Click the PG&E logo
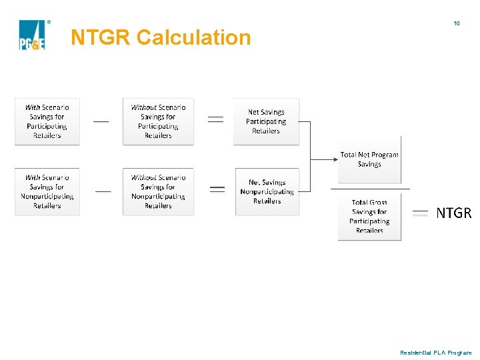click(32, 35)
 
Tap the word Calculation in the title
click(193, 37)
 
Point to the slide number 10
click(457, 23)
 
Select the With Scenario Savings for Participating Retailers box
click(47, 121)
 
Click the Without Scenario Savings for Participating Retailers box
click(158, 121)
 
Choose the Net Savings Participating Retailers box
click(266, 121)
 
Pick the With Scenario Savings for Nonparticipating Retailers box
click(47, 192)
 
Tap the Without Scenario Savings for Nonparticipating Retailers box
click(158, 192)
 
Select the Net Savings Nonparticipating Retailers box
click(267, 192)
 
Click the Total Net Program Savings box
click(369, 159)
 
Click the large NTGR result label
click(453, 213)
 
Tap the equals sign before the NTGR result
click(420, 213)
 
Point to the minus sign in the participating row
click(101, 122)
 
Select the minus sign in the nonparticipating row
click(103, 191)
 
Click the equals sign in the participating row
click(215, 119)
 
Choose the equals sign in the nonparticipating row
click(217, 189)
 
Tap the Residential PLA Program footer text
click(435, 352)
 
